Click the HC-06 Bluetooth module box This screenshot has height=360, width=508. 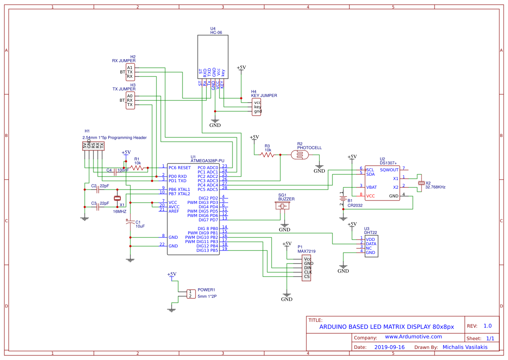(x=213, y=57)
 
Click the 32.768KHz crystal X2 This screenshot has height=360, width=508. (x=421, y=183)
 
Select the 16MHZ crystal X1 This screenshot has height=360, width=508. (x=117, y=199)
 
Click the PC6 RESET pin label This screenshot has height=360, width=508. (x=180, y=167)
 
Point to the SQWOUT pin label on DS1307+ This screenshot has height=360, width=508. (x=389, y=170)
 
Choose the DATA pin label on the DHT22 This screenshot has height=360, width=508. (x=371, y=244)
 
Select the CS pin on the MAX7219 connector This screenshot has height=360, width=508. (x=307, y=277)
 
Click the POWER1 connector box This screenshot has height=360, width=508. (x=190, y=294)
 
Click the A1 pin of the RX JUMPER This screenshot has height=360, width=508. (x=130, y=67)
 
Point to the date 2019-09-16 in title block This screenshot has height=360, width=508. (x=389, y=347)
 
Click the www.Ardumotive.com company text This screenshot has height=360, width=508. (x=413, y=337)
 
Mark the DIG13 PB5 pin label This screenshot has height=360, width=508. (x=207, y=250)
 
